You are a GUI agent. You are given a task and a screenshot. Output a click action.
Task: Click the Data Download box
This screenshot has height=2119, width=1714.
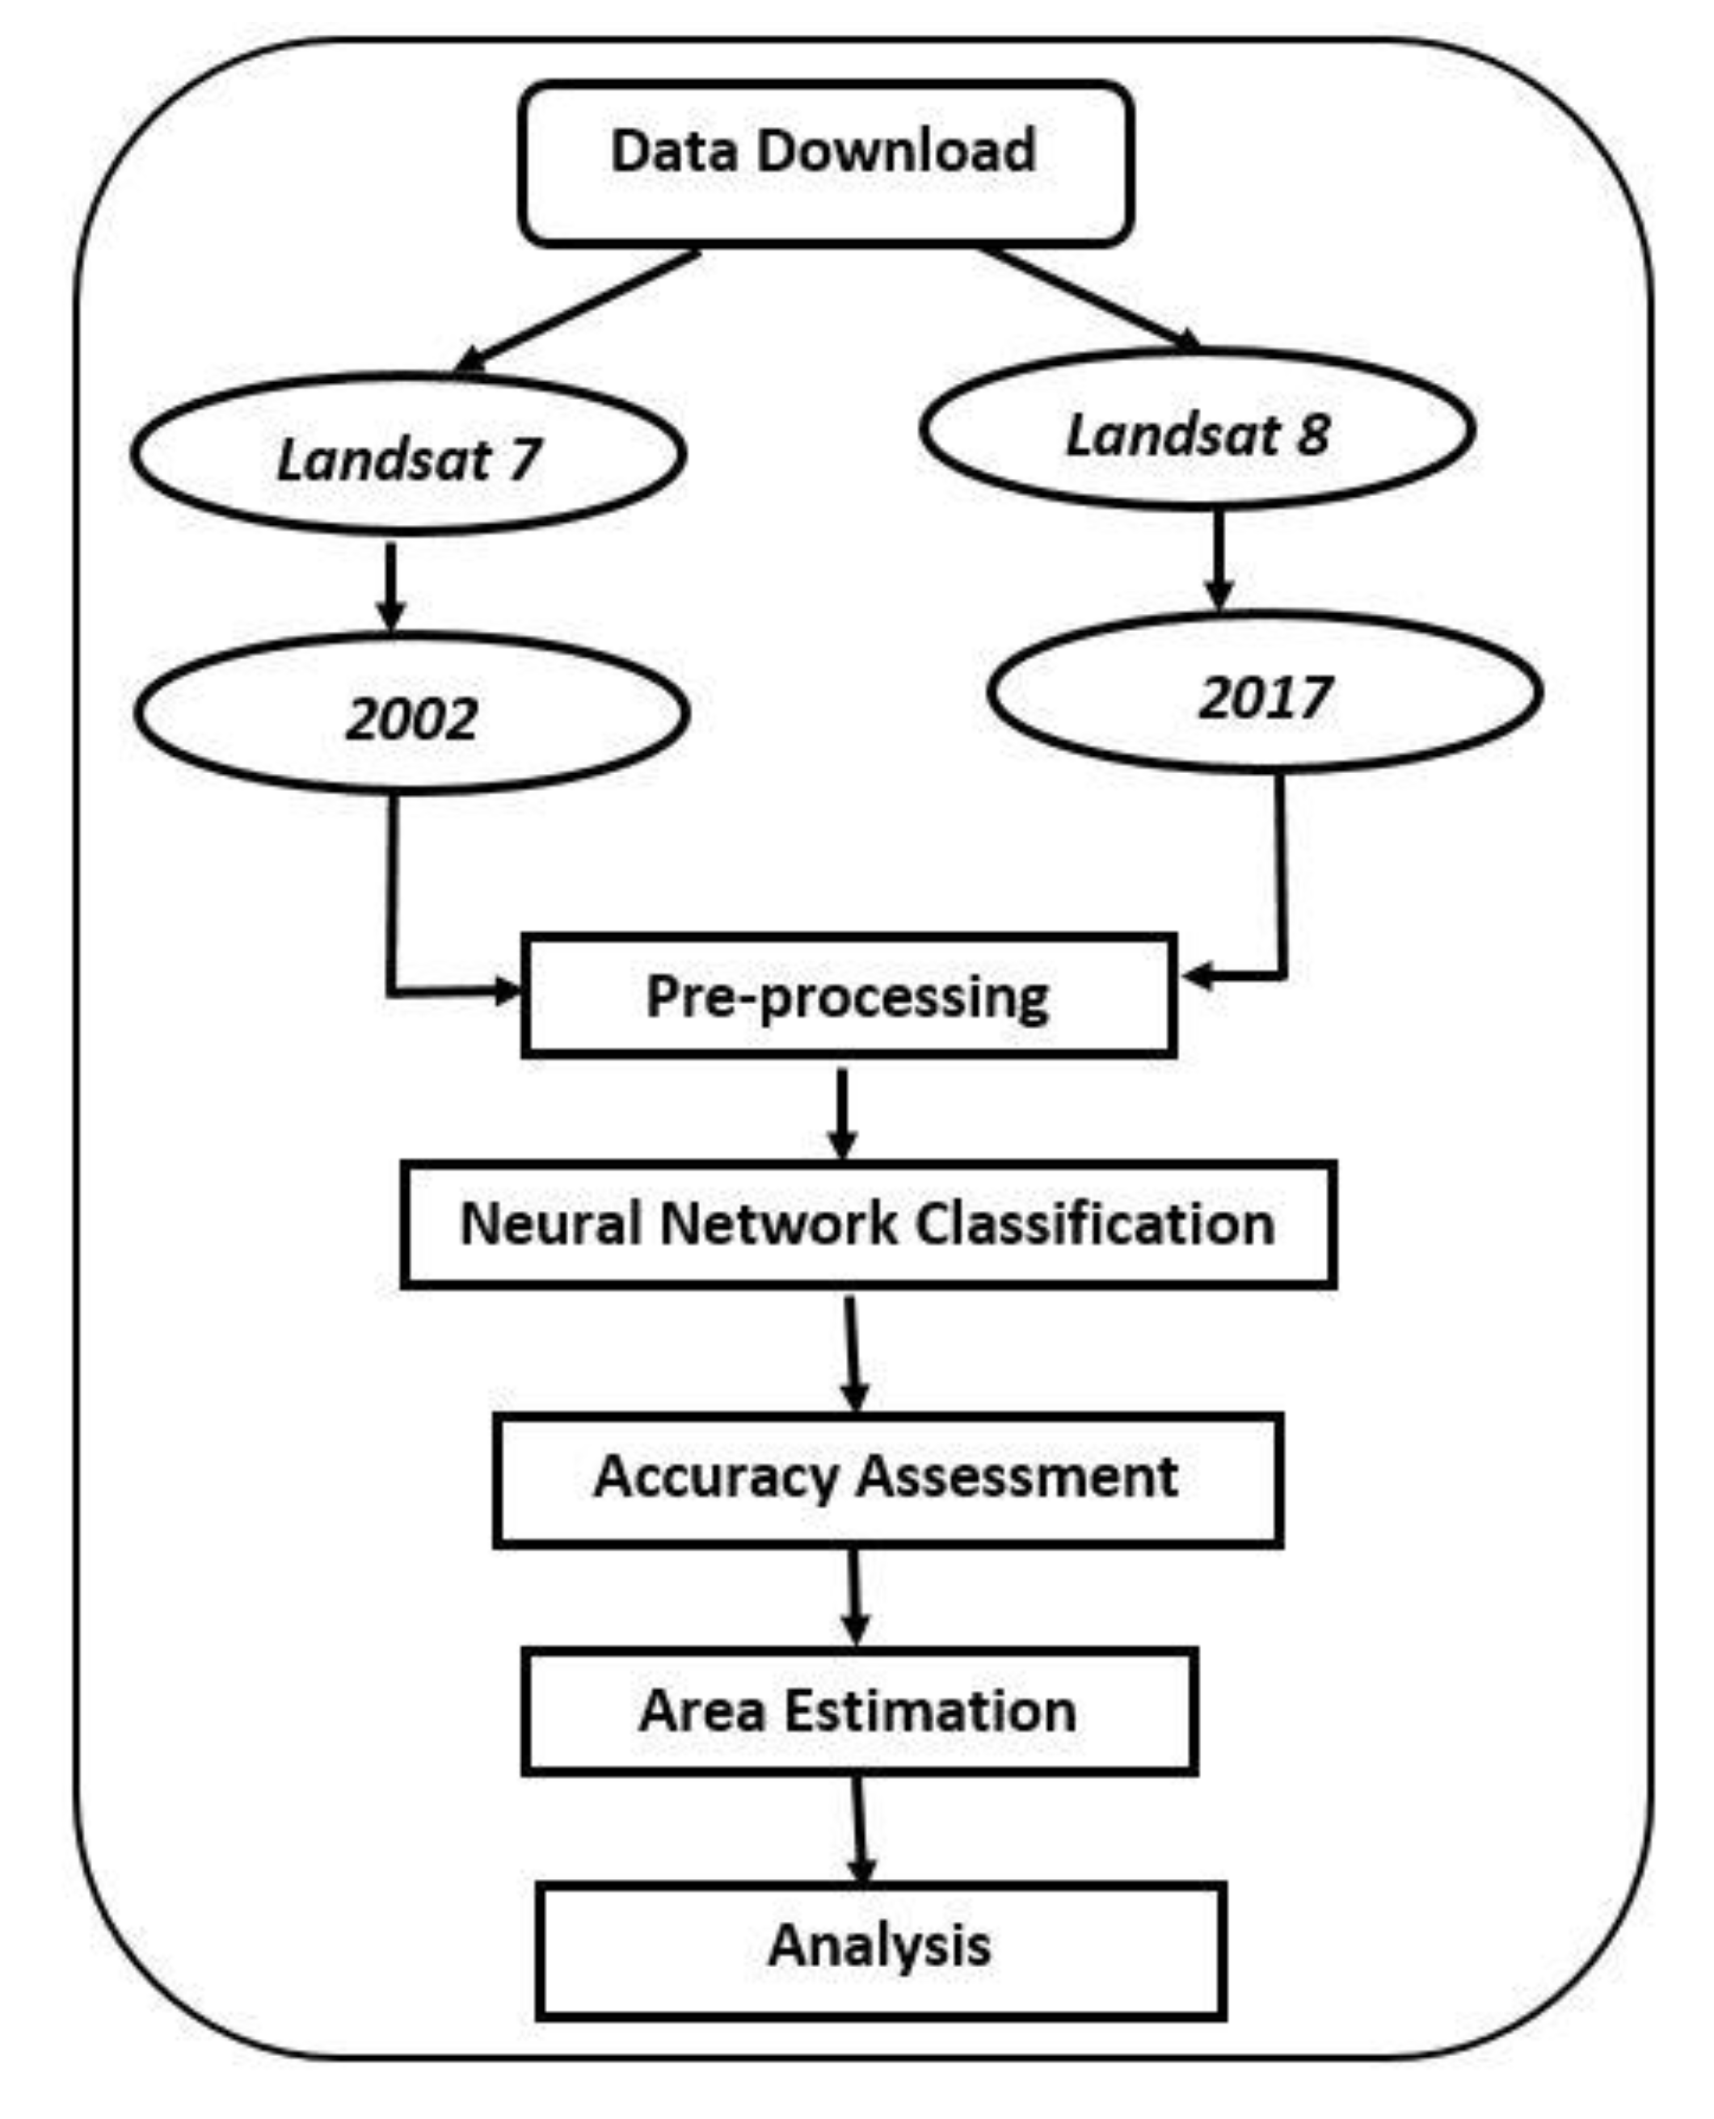point(825,163)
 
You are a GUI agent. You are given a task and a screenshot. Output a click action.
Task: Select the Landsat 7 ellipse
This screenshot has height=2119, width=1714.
point(409,456)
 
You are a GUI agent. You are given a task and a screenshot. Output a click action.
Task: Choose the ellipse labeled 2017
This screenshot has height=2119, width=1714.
point(1265,693)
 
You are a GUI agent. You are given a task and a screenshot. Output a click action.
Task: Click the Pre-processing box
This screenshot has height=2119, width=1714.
point(849,996)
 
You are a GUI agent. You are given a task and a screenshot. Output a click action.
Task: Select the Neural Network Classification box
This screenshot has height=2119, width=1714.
point(869,1225)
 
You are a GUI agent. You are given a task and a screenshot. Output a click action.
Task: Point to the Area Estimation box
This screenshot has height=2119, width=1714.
point(860,1710)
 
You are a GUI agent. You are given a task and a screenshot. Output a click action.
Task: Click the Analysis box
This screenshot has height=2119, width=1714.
point(882,1950)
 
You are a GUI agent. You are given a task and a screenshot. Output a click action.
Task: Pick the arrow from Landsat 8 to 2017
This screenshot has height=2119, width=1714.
point(1219,560)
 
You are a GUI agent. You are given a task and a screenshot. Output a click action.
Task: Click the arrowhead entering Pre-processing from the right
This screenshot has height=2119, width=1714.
point(1198,976)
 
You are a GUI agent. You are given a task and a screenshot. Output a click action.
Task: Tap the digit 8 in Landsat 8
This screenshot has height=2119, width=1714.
point(1313,435)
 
